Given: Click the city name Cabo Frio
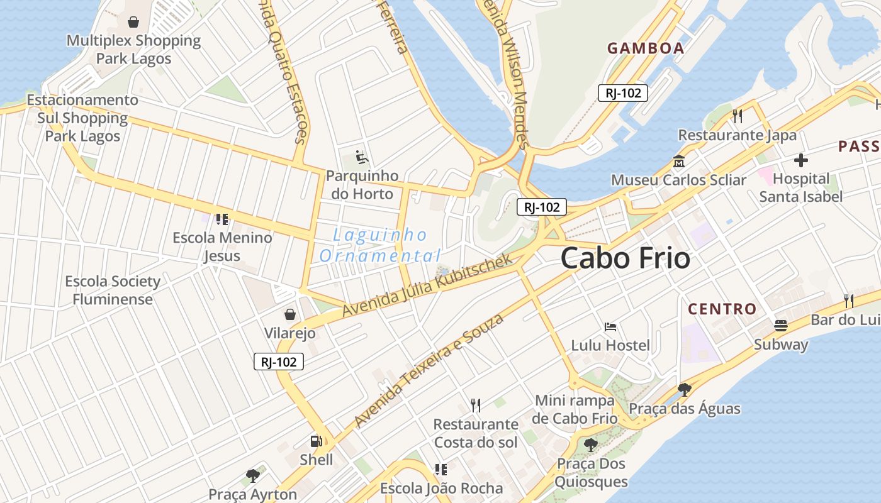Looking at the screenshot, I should (x=625, y=258).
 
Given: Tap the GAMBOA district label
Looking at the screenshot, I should (x=646, y=48).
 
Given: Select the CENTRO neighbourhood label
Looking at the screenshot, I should (x=722, y=309).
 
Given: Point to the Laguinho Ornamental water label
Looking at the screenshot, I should (x=380, y=245).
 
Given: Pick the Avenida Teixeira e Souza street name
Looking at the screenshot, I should (x=429, y=370).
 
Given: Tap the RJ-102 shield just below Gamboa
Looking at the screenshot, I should (x=622, y=93).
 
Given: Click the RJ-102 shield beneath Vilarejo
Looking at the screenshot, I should (x=279, y=362).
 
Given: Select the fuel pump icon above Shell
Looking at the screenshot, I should (x=317, y=441).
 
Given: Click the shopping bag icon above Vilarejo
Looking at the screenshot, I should (x=290, y=314).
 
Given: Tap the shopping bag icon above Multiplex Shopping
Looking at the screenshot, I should (x=133, y=23).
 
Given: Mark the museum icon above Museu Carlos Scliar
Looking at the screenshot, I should (x=679, y=162).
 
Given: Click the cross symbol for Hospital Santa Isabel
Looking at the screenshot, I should (x=800, y=160).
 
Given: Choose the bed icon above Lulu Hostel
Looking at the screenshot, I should (x=610, y=327).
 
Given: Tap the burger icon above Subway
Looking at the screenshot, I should (x=781, y=326).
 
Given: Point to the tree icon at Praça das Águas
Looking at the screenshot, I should (x=684, y=390).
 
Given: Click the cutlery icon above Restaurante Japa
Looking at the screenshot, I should (x=738, y=116).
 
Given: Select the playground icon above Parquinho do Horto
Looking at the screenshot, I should (x=361, y=157).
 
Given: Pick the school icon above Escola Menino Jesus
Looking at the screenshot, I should (x=222, y=219).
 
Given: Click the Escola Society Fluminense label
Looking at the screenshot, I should (x=113, y=290).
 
